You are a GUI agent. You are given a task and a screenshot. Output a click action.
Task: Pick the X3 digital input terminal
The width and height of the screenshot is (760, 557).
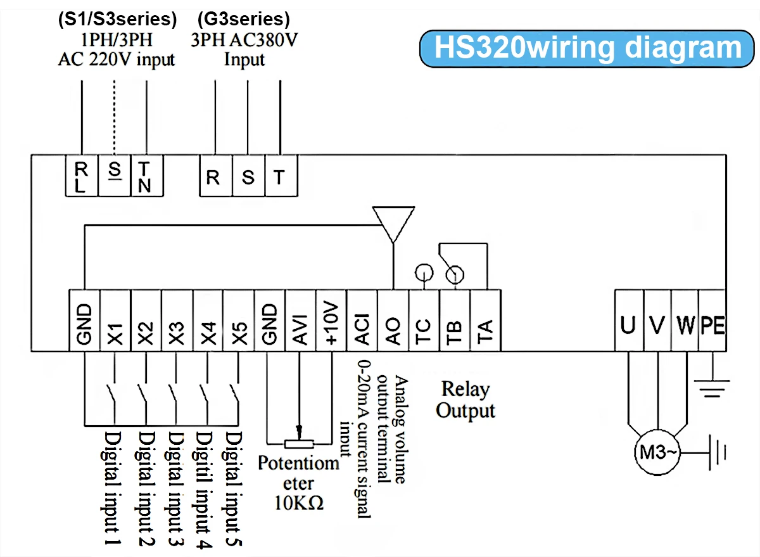point(177,320)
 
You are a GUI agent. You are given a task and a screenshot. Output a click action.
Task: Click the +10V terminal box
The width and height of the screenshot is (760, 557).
point(332,320)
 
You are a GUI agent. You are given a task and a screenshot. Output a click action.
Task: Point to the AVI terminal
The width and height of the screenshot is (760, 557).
point(301,320)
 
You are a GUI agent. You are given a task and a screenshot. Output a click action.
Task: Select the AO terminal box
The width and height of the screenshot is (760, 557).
point(393,320)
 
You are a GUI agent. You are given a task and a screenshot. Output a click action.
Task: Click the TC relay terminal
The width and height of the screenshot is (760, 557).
point(424,320)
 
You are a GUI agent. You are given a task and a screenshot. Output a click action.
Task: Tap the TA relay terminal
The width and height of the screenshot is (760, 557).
point(486,320)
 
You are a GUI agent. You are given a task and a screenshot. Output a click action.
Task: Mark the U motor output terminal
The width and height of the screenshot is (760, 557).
point(629,320)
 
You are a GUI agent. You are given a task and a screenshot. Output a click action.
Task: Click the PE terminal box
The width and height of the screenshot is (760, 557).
point(713,320)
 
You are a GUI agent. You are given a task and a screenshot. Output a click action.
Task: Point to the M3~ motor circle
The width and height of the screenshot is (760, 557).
point(656,452)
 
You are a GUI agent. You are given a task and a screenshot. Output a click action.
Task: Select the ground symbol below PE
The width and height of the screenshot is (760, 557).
point(713,387)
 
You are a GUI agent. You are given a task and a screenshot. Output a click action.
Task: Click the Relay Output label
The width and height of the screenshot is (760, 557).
point(465,399)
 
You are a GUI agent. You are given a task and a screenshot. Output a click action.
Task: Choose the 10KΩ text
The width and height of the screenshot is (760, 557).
point(299,503)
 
